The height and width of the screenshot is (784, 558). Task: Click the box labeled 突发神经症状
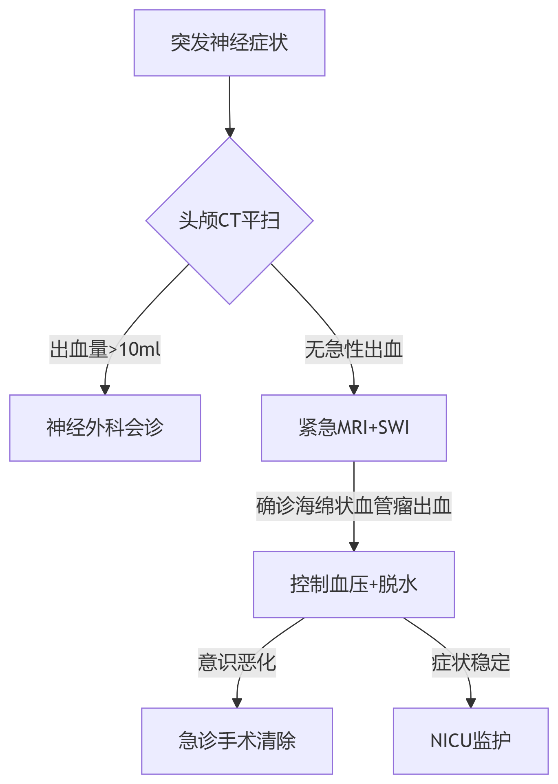click(x=229, y=43)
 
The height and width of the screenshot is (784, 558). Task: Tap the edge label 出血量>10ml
click(x=105, y=350)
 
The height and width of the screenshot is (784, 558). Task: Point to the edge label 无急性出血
click(x=353, y=350)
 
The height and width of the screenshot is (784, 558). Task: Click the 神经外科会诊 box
click(x=105, y=428)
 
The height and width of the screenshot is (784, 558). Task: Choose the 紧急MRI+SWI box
click(x=353, y=428)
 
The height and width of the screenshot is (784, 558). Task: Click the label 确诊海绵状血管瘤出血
click(x=353, y=506)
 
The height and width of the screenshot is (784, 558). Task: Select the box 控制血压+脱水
click(x=353, y=585)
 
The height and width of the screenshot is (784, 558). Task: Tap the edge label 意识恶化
click(x=237, y=663)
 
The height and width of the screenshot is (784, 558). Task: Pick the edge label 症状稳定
click(x=470, y=663)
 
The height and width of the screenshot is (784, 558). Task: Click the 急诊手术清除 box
click(x=237, y=741)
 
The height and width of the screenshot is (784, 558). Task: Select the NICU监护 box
click(x=470, y=741)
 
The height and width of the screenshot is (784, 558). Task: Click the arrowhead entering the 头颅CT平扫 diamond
click(x=230, y=133)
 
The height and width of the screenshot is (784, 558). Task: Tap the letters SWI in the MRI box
click(x=394, y=428)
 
